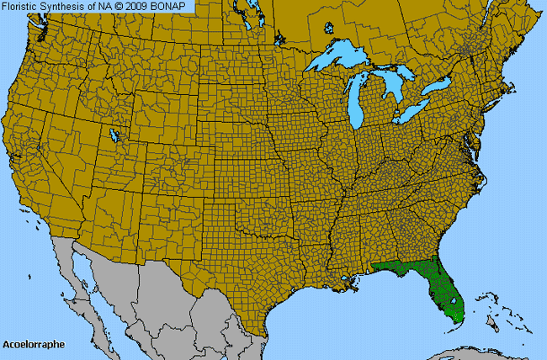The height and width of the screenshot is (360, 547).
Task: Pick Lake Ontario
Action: [x=438, y=87]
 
